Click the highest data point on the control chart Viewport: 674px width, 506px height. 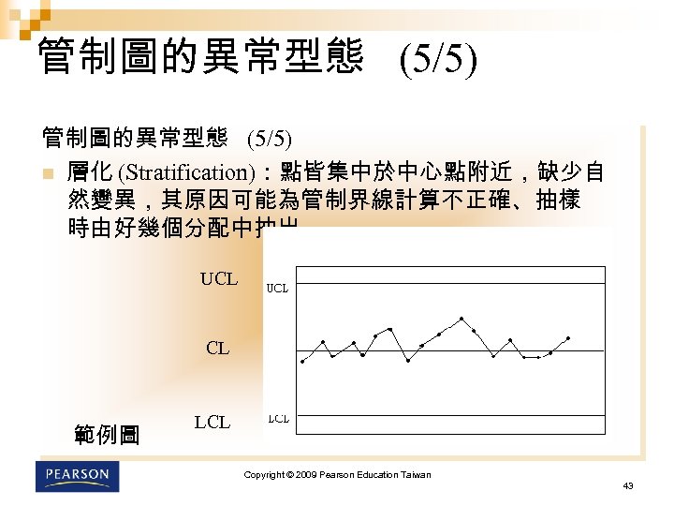point(462,319)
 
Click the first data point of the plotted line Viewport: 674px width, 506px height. point(302,362)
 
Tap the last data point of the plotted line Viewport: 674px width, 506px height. point(568,337)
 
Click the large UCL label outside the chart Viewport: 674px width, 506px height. point(219,279)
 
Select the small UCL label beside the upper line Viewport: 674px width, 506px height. point(278,289)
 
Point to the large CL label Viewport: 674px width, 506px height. point(217,349)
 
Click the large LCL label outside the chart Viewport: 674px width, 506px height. point(212,422)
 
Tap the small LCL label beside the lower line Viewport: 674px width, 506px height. point(278,419)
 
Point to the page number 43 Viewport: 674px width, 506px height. point(627,485)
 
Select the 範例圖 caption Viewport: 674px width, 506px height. point(106,435)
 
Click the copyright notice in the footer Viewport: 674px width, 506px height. point(337,475)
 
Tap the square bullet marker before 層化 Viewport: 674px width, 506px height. point(48,173)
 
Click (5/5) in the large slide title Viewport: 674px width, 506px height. point(437,62)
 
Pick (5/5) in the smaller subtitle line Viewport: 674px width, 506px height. point(270,141)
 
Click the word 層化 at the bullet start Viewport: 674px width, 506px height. point(90,172)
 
